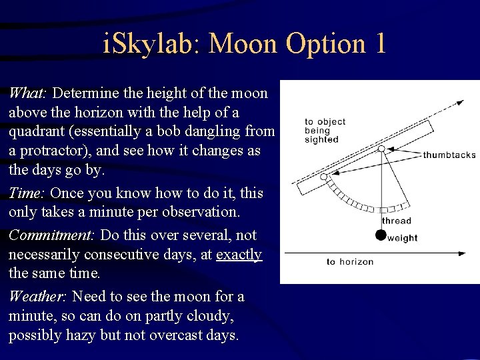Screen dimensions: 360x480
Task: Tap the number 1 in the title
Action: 379,44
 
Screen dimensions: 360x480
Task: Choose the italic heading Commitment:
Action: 52,235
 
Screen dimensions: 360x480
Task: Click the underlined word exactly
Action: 239,255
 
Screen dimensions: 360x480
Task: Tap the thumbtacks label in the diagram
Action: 449,155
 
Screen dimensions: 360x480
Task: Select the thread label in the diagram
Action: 397,221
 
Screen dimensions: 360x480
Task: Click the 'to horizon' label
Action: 350,261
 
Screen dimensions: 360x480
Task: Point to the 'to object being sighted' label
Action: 325,131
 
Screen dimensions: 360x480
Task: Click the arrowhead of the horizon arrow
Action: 462,253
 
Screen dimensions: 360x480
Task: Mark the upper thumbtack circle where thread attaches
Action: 381,149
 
